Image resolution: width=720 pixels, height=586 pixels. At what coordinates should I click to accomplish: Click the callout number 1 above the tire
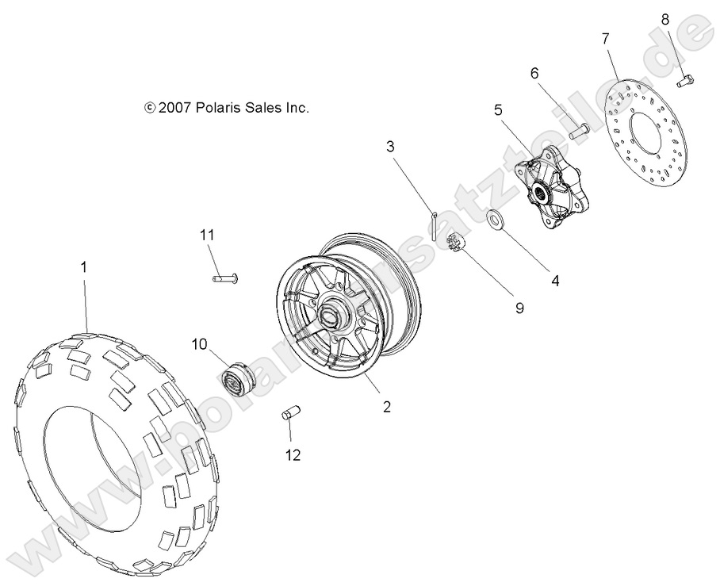click(83, 269)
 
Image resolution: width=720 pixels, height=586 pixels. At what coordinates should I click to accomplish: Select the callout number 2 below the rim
click(386, 407)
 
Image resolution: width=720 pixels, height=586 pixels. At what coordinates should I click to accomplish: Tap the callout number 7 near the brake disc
click(605, 38)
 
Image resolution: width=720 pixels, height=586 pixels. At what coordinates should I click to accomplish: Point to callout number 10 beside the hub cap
click(198, 343)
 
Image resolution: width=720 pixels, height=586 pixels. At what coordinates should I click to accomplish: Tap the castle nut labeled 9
click(455, 243)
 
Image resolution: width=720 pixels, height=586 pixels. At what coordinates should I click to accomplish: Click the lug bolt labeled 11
click(226, 278)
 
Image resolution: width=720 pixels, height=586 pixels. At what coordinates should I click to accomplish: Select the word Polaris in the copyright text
click(219, 109)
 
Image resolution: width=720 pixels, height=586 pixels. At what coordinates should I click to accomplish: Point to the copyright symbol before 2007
click(150, 109)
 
